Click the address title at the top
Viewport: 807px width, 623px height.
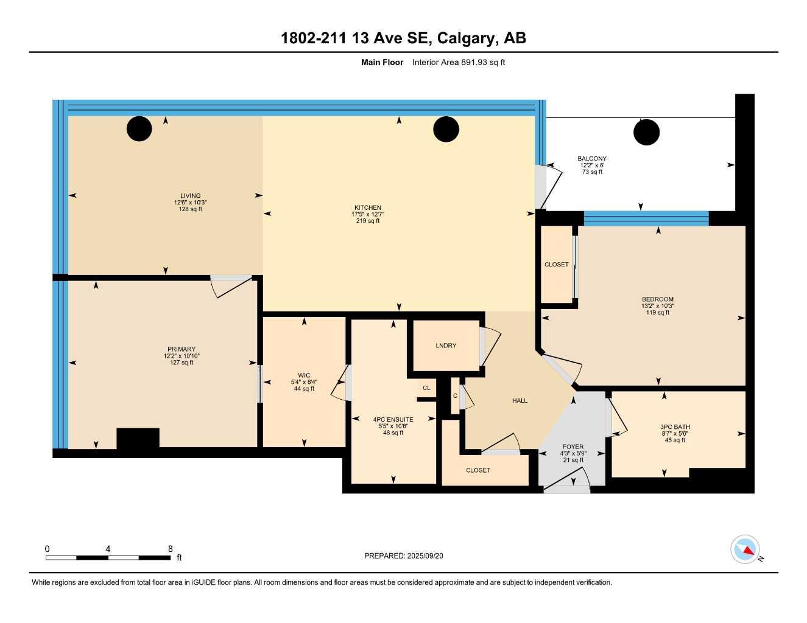403,38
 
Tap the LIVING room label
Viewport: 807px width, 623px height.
190,196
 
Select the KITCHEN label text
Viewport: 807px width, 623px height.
367,208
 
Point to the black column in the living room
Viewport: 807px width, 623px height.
139,128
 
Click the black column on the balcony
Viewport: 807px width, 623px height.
646,132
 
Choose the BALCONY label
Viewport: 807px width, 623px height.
591,159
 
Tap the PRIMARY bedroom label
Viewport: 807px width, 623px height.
181,349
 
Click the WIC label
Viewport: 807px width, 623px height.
304,375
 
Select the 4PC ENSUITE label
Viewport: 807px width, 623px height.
393,419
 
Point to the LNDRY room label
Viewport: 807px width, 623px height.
446,346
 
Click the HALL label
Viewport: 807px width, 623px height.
520,400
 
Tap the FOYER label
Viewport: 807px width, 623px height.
573,447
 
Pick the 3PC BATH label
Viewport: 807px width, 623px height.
675,427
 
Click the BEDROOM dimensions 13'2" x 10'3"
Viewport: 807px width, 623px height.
657,306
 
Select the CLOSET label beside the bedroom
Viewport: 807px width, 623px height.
556,265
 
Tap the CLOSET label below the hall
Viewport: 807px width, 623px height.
478,470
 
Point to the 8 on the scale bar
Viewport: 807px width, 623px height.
171,549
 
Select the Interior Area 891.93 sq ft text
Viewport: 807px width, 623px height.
458,62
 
